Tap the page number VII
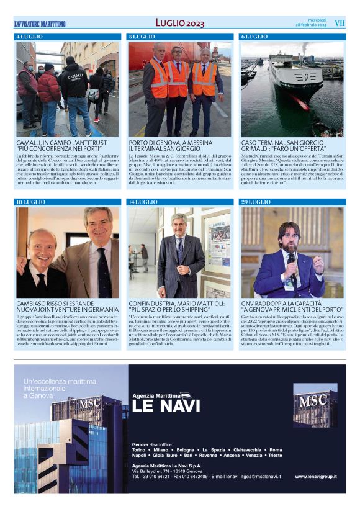tap(339, 23)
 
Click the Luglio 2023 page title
tap(179, 23)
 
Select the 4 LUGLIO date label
tap(30, 37)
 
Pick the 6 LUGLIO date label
tap(253, 37)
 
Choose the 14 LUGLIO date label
tap(143, 202)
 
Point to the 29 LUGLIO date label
tap(255, 202)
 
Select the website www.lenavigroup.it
tap(316, 476)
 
